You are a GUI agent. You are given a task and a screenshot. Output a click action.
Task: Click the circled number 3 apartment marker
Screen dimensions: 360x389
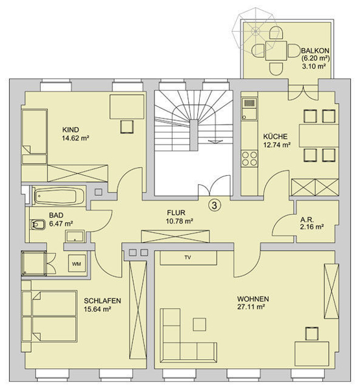(215, 205)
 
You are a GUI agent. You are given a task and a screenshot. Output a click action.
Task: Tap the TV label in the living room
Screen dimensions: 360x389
(187, 257)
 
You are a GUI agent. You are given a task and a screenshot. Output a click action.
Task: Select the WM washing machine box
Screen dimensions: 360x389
(77, 264)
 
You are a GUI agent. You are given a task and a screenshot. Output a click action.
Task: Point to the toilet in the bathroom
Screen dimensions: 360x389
(37, 224)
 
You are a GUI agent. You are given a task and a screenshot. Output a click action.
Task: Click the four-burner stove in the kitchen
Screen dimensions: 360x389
(250, 159)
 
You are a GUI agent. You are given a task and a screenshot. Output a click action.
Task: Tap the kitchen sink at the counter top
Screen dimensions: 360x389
(249, 109)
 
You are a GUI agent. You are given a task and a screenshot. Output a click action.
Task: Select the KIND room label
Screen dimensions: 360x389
(71, 130)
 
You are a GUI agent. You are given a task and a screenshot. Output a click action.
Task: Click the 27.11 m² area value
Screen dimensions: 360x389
(250, 307)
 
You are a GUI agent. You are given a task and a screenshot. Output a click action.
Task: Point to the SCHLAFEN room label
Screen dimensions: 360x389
(102, 301)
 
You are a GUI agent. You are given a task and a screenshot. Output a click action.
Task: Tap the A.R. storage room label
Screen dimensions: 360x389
(307, 220)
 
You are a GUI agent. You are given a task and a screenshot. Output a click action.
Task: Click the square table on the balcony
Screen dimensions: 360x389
(276, 51)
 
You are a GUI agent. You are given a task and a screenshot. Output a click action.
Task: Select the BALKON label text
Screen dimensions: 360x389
(315, 51)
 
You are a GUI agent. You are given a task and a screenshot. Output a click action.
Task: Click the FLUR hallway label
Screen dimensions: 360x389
(176, 213)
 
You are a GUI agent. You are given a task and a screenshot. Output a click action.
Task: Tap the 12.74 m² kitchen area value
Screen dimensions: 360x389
(277, 145)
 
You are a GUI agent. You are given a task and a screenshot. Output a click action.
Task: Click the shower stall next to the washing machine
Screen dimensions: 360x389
(34, 263)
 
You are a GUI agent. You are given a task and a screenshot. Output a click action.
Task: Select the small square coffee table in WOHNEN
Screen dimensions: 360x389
(199, 325)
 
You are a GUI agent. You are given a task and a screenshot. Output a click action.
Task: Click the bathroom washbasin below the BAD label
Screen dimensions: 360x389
(75, 236)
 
